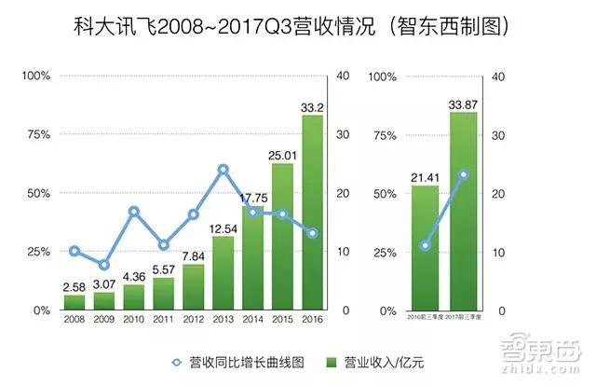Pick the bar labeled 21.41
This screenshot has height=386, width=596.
click(426, 248)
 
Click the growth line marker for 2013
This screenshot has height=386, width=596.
click(223, 170)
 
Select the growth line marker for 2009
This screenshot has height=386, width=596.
click(104, 266)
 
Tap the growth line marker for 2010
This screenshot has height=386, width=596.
click(134, 212)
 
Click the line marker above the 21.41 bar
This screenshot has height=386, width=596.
click(426, 246)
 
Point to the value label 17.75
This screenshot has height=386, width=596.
click(253, 197)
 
